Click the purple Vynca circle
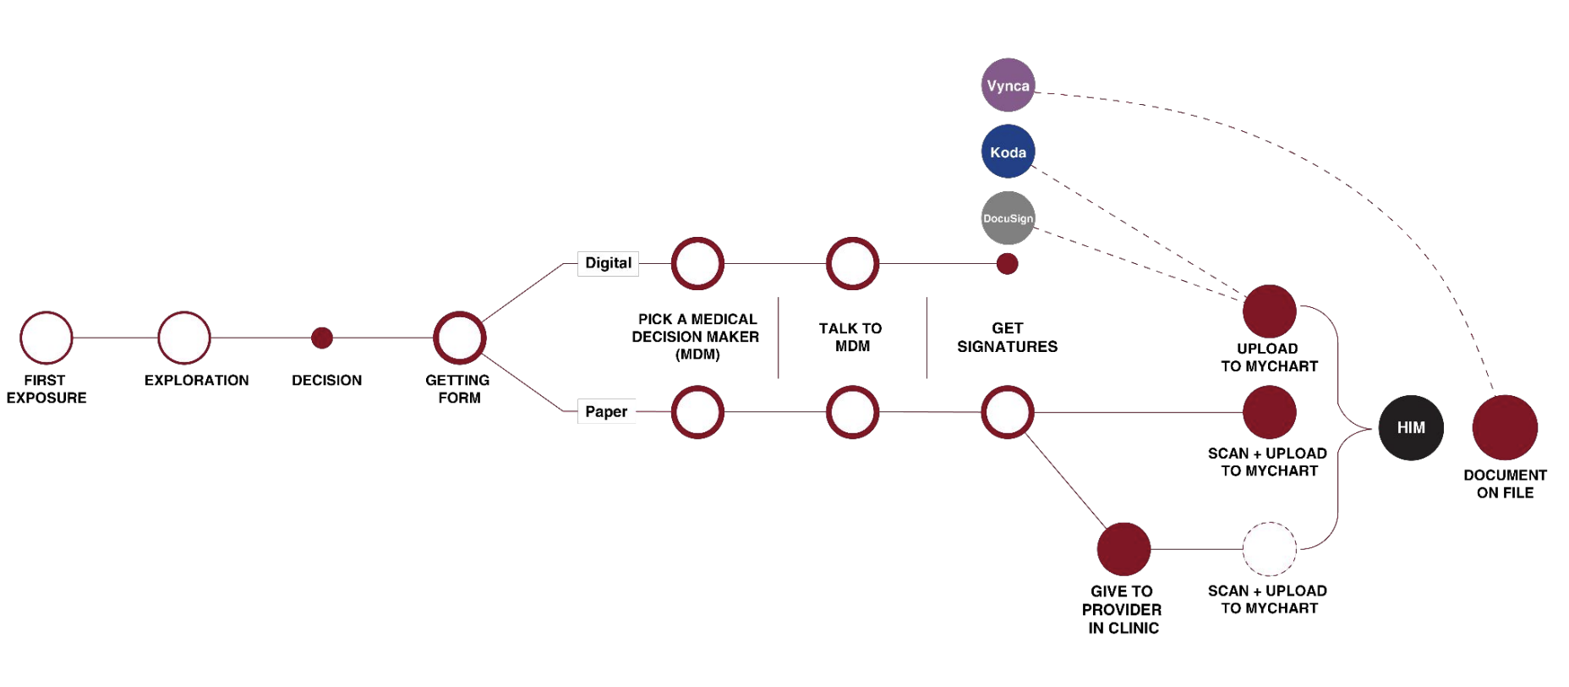[x=1008, y=85]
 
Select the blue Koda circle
[x=1008, y=151]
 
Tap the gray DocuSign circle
[x=1008, y=218]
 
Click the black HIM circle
[x=1411, y=428]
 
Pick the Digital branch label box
[x=608, y=263]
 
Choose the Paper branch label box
[x=606, y=412]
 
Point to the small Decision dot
[x=322, y=338]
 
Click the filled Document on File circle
[x=1505, y=428]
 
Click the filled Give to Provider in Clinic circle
[x=1123, y=549]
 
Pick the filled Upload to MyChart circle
[x=1270, y=311]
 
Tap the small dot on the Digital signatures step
[x=1007, y=264]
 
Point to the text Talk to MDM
[x=850, y=337]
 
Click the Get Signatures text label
[x=1007, y=337]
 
